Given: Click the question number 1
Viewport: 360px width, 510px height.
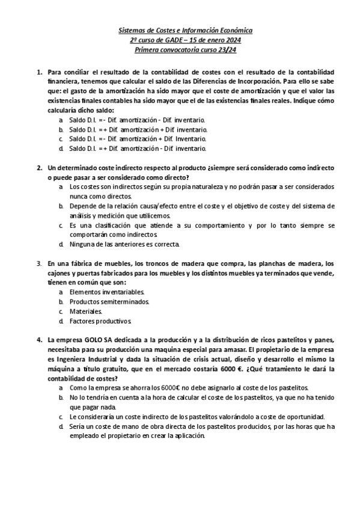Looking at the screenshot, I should (39, 71).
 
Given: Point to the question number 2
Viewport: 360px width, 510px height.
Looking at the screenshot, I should (39, 167).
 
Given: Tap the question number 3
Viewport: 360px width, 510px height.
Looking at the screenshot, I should (39, 263).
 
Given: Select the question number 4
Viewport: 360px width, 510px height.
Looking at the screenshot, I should (39, 339).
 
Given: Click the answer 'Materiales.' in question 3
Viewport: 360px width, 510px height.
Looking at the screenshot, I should (86, 311).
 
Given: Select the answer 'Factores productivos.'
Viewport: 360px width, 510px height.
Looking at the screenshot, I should (100, 321).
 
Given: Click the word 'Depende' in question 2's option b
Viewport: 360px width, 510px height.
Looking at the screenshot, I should (81, 206).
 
